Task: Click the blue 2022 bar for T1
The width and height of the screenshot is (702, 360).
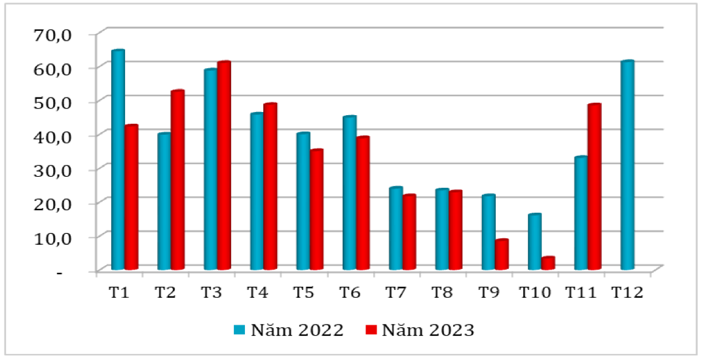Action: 118,160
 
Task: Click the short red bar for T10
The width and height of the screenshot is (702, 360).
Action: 547,263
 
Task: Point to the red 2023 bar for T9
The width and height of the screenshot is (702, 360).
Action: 502,255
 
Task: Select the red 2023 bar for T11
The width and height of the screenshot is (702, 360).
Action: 594,187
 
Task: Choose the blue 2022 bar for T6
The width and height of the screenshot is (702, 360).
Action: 350,193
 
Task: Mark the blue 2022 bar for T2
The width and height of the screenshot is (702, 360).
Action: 164,202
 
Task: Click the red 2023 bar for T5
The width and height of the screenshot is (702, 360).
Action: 317,210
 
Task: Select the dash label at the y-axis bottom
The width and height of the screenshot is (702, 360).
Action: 60,271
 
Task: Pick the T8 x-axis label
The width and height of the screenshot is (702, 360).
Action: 442,292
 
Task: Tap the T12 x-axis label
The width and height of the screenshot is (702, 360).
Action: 627,292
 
